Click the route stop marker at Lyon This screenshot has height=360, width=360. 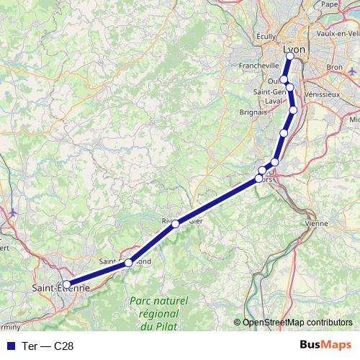pyautogui.click(x=291, y=56)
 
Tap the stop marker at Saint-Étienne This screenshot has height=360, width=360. pyautogui.click(x=66, y=284)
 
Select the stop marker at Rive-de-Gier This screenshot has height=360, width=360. pyautogui.click(x=175, y=224)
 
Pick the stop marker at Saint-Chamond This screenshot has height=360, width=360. pyautogui.click(x=128, y=263)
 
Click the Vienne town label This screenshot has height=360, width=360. pyautogui.click(x=316, y=224)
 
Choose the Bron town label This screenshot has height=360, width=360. pyautogui.click(x=334, y=66)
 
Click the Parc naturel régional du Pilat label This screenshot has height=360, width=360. pyautogui.click(x=157, y=314)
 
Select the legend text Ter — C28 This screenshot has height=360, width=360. pyautogui.click(x=48, y=346)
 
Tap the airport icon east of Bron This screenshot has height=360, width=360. pyautogui.click(x=351, y=72)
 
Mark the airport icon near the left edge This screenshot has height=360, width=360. pyautogui.click(x=14, y=212)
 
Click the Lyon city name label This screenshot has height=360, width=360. pyautogui.click(x=295, y=48)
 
